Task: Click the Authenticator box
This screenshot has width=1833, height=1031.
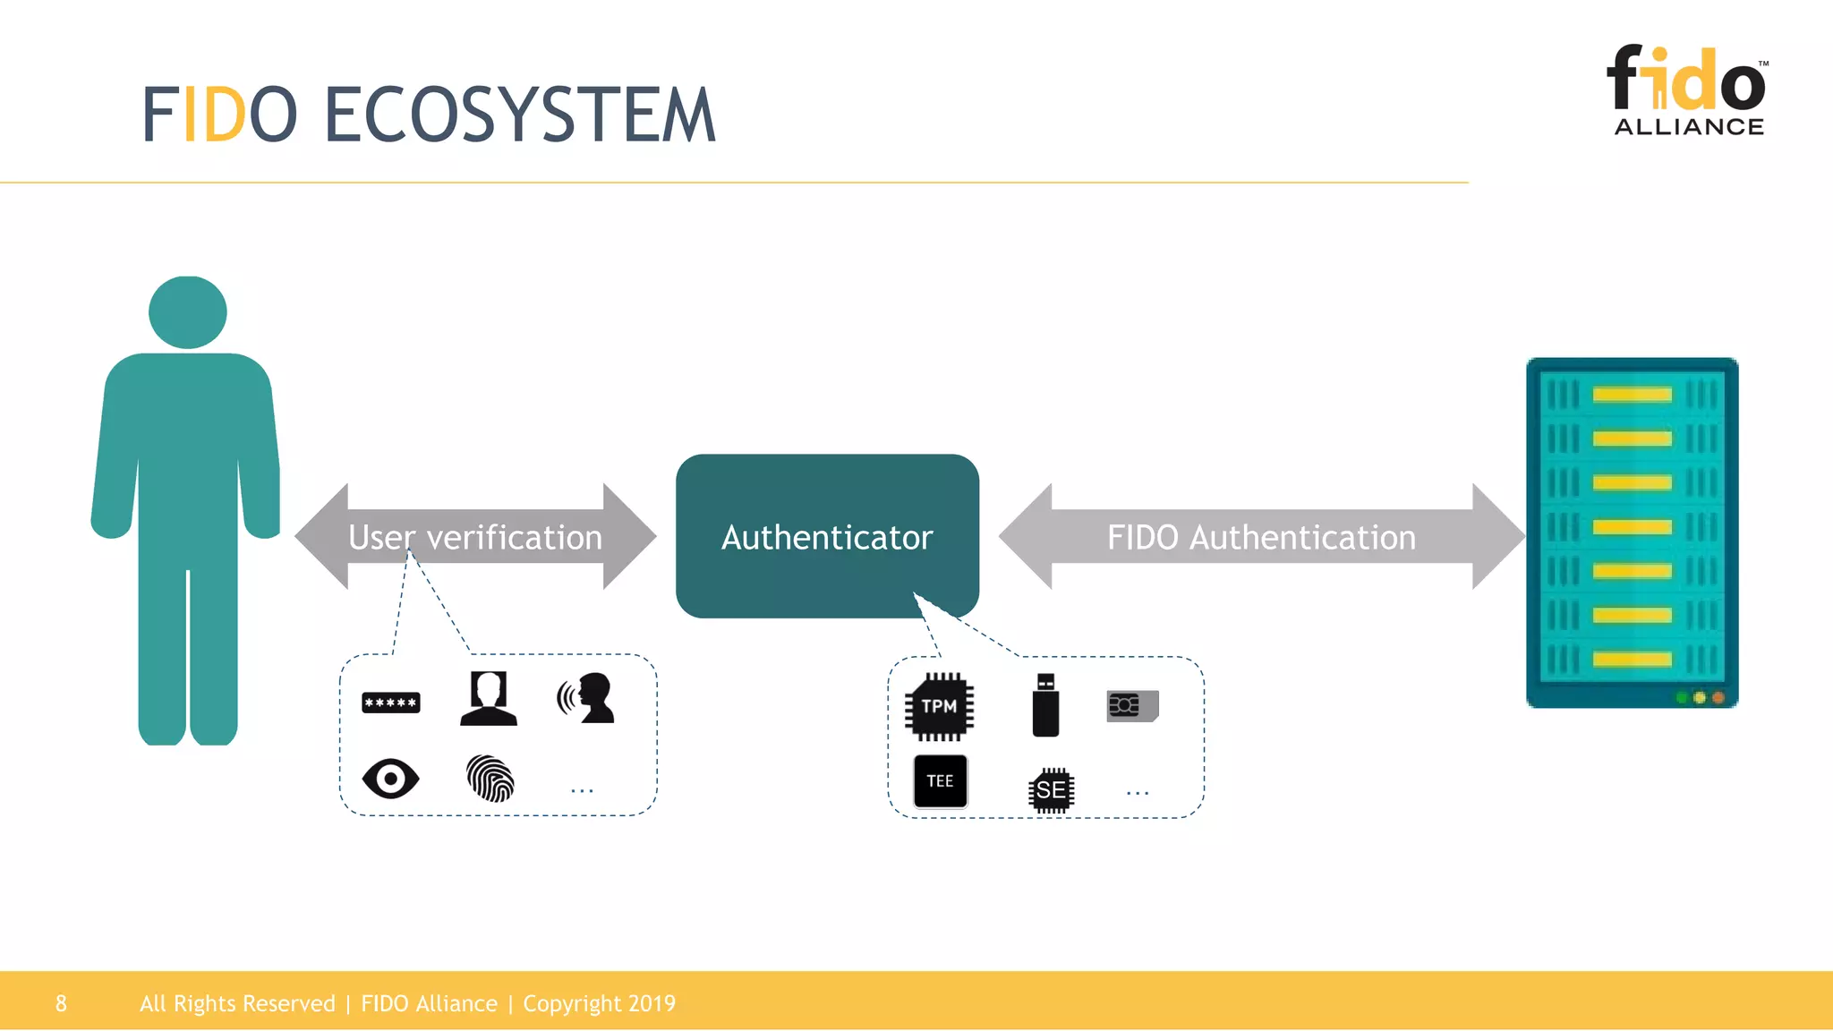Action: [827, 536]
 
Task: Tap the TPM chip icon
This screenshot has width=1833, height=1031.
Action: [939, 706]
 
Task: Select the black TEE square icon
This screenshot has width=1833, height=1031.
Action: [940, 780]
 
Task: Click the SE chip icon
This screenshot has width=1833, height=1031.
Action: [1051, 790]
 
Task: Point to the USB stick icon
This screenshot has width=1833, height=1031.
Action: [1045, 706]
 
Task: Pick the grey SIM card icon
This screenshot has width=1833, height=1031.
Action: [1132, 705]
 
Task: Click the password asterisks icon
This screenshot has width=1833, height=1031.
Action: [390, 703]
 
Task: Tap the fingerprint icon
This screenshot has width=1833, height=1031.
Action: [490, 778]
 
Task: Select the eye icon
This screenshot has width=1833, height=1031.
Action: [390, 779]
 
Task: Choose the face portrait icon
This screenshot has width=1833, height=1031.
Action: [489, 698]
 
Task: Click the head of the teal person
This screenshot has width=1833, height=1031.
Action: [188, 311]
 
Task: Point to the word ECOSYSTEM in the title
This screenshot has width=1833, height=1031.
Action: [519, 115]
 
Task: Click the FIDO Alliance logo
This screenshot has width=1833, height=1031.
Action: [1687, 90]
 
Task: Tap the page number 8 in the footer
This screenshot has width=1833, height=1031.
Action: [61, 1003]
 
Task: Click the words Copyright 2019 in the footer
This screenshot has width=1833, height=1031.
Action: [599, 1003]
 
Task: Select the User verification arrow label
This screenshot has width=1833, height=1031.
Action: [475, 537]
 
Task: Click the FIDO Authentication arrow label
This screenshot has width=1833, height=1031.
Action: [1261, 537]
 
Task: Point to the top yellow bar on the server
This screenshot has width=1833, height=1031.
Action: [1632, 395]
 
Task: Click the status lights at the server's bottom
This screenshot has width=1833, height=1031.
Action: [1700, 697]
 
